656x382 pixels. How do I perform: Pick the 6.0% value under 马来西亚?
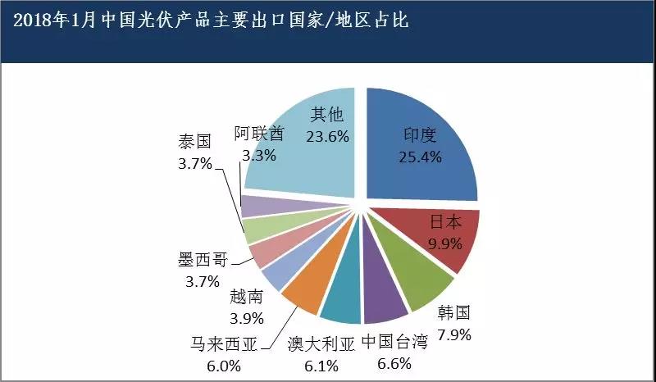tap(224, 363)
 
